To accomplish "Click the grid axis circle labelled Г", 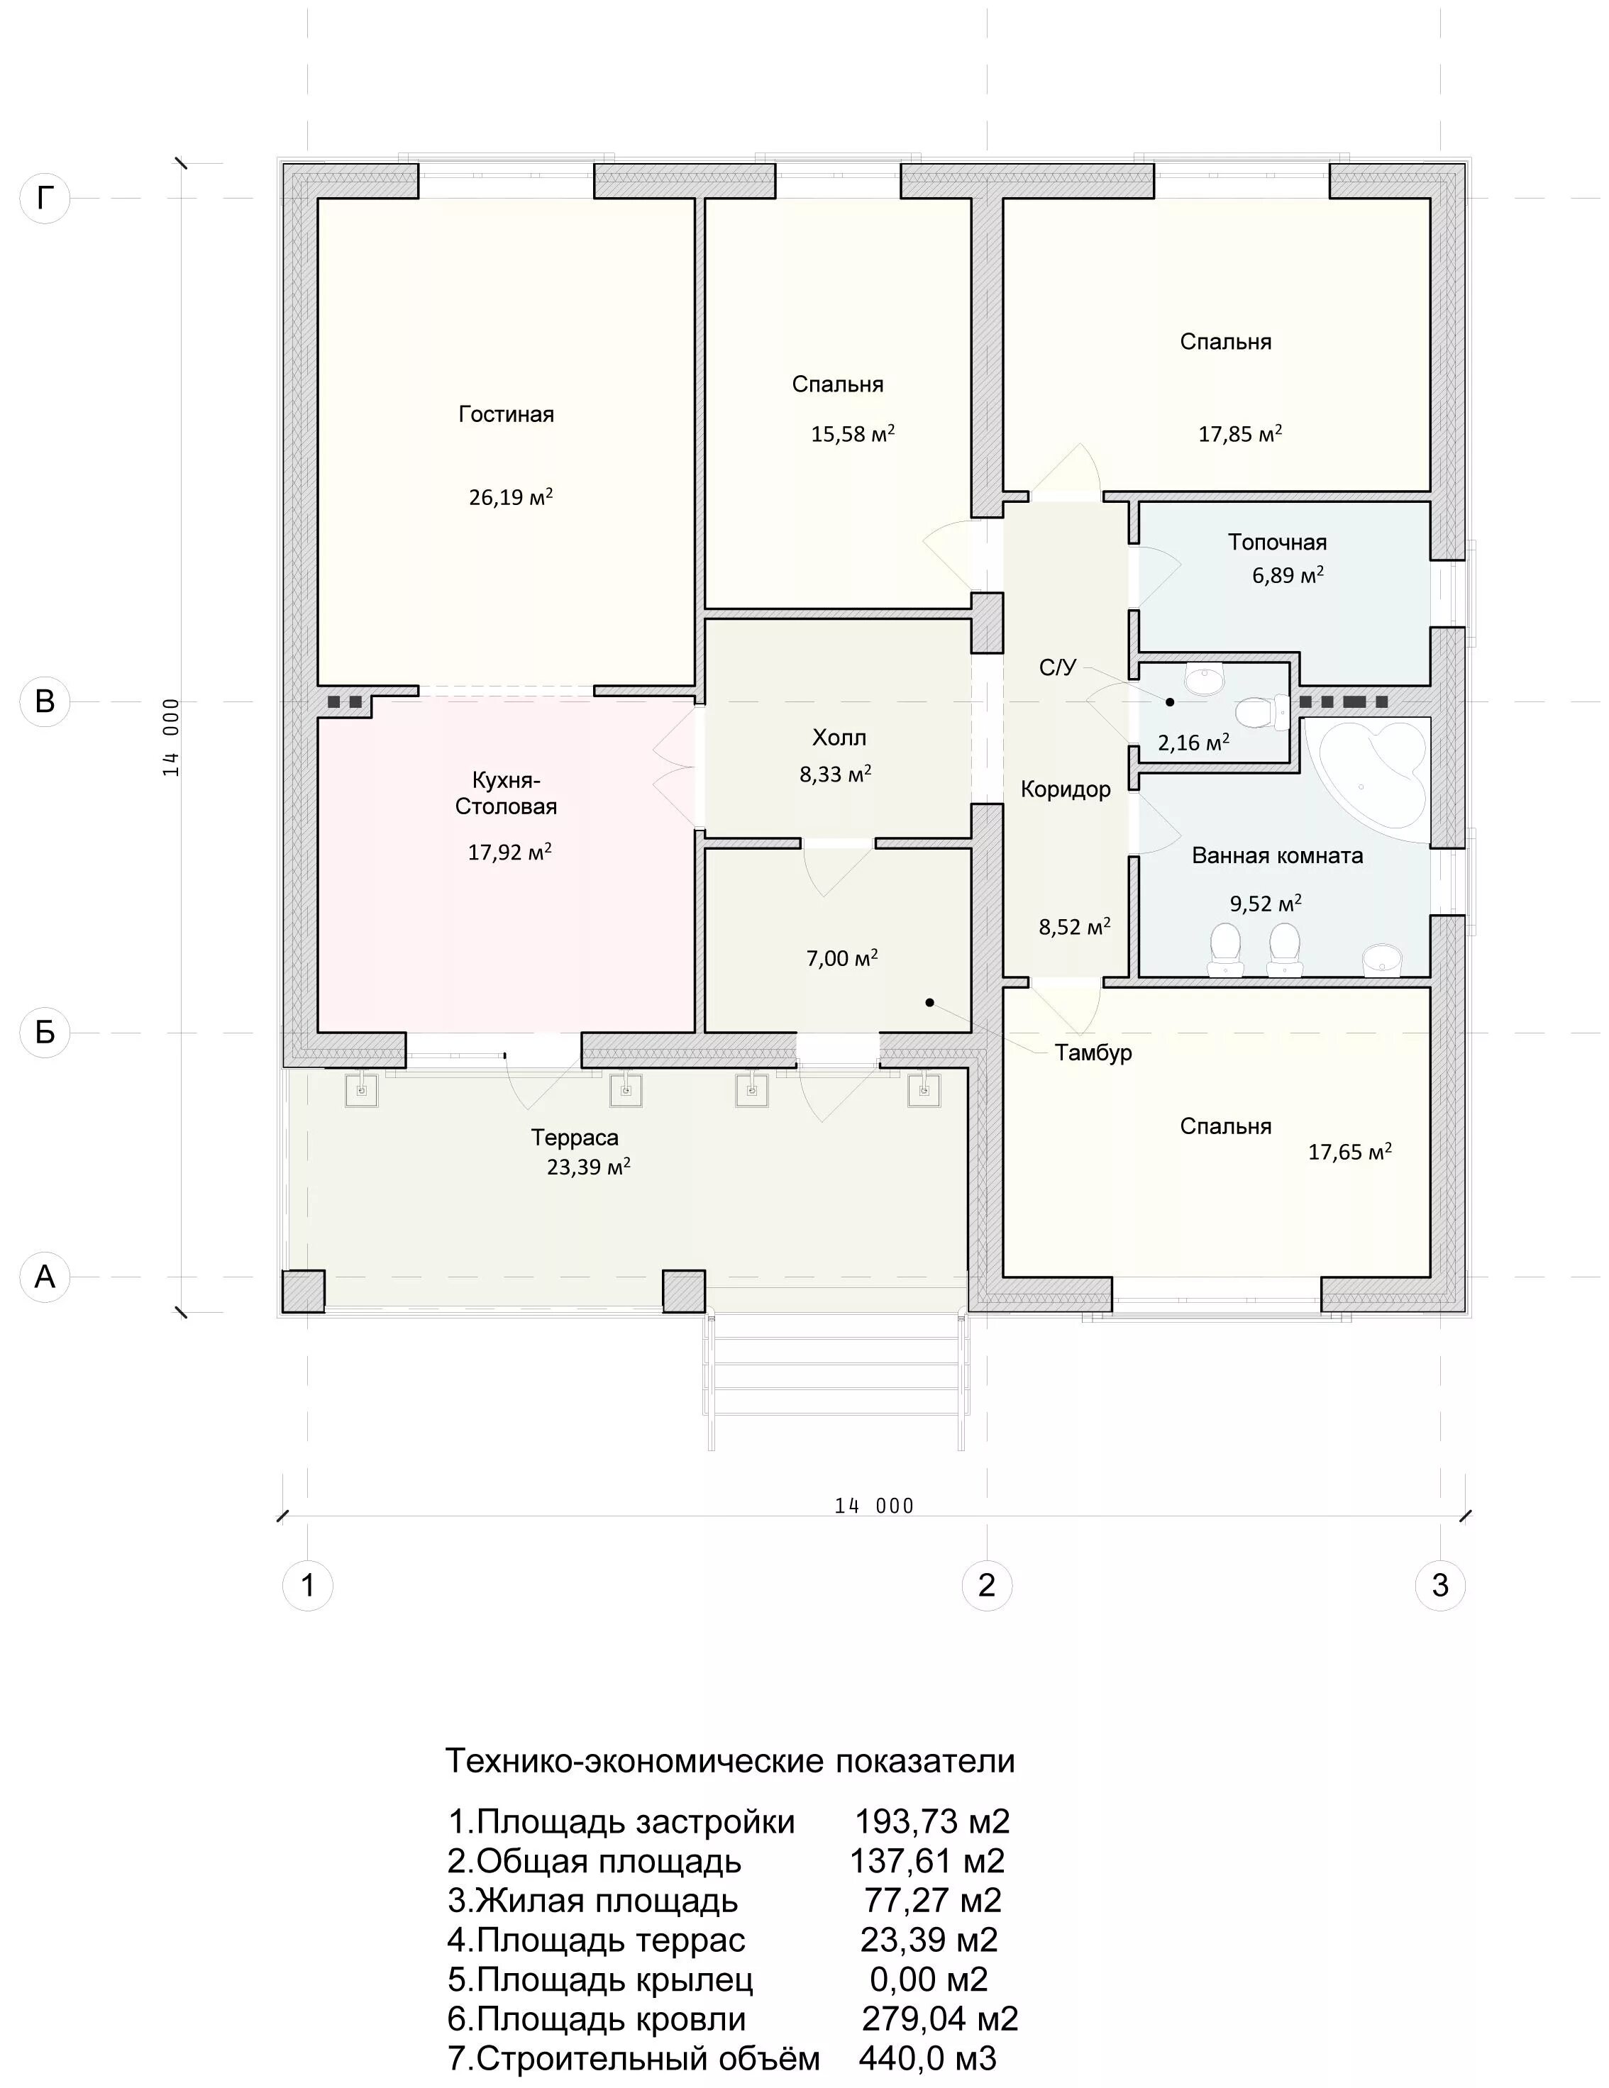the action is click(45, 198).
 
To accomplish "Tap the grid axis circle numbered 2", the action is click(987, 1585).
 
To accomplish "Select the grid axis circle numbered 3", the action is click(1439, 1585).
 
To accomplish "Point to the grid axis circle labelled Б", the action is click(45, 1033).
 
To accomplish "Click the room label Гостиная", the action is click(506, 414).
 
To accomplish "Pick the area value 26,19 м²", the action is click(511, 497).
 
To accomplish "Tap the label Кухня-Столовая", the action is click(506, 792).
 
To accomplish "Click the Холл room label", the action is click(839, 737).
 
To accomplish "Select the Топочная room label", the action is click(1277, 542).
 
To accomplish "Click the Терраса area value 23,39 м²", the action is click(588, 1167).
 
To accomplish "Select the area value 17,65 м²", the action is click(1349, 1152).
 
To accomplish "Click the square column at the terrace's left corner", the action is click(303, 1291).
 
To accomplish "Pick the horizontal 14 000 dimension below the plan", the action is click(874, 1506).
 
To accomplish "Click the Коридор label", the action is click(1065, 789).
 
